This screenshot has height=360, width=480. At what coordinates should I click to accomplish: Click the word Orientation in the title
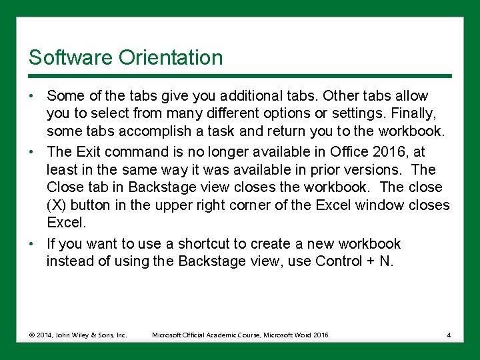[171, 57]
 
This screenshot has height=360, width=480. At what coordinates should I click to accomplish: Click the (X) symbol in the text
[57, 205]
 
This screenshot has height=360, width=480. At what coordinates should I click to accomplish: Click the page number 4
[449, 335]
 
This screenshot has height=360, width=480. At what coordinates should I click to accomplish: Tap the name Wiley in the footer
[80, 335]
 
